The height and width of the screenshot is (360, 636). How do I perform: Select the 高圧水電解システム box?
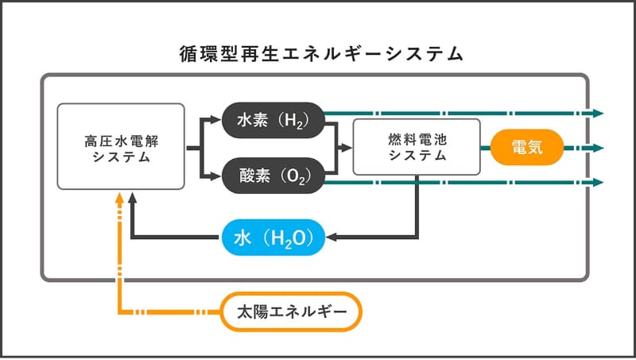[x=121, y=146]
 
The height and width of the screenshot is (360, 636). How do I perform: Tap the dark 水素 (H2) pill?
[x=272, y=120]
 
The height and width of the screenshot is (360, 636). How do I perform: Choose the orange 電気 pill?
[x=527, y=147]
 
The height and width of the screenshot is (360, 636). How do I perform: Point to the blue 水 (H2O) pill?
[x=273, y=237]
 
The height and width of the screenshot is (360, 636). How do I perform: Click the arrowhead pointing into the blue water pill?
[x=332, y=237]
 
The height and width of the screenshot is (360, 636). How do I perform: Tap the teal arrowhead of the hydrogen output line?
[x=599, y=113]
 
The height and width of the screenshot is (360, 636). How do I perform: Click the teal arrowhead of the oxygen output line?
[x=599, y=183]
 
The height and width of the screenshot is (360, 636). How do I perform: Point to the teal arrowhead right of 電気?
[x=599, y=148]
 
